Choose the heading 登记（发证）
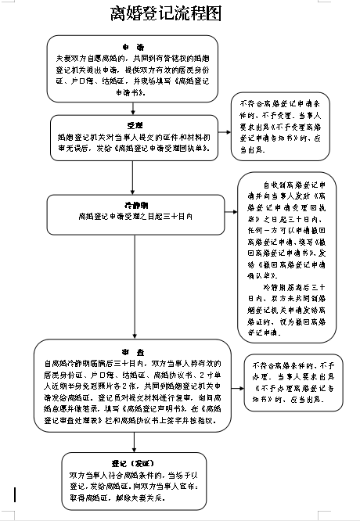click(x=133, y=462)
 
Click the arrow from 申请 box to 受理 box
click(x=133, y=108)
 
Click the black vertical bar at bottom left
click(x=15, y=494)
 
